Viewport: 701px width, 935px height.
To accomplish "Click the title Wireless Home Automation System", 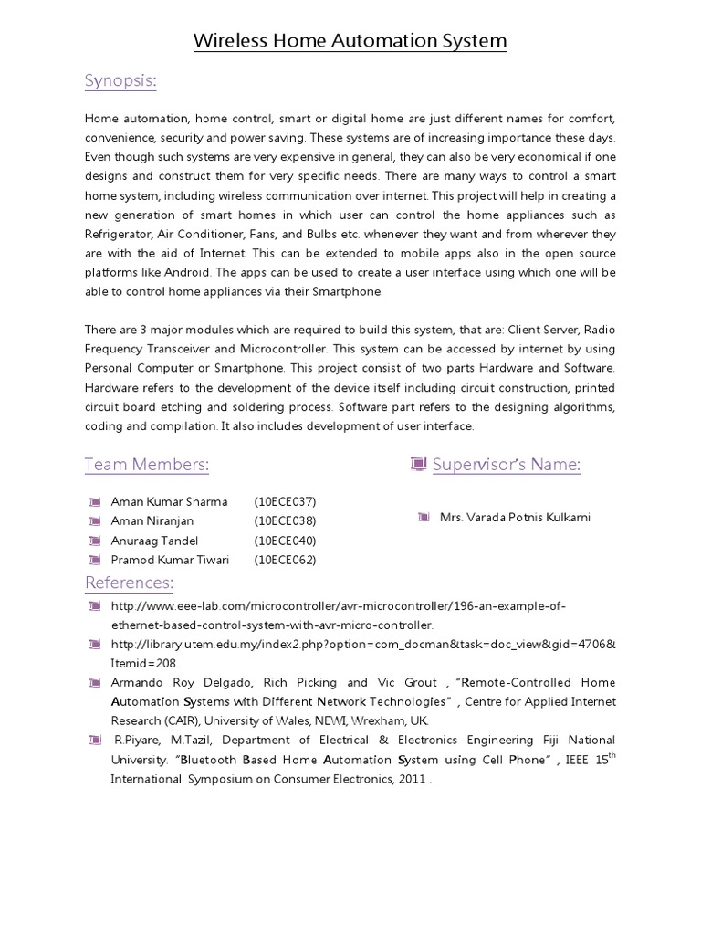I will [350, 41].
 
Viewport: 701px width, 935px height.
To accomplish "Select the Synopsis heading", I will [120, 82].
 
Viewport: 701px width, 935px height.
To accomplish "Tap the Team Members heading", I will [147, 465].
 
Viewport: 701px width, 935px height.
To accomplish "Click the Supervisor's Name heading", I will [507, 465].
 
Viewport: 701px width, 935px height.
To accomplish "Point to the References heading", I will [129, 583].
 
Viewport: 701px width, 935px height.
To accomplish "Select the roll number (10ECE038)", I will [285, 520].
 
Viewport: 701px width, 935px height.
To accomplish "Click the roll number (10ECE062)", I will [285, 560].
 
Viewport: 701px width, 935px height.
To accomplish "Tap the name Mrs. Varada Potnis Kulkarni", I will [515, 517].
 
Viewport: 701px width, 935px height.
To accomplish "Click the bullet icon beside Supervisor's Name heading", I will [419, 465].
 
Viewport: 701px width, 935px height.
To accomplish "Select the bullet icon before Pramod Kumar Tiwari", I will [94, 560].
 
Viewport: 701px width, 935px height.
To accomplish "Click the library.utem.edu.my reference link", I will [362, 645].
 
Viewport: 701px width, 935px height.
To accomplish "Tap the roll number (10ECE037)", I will [285, 501].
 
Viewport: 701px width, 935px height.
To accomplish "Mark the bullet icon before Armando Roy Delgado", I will [94, 683].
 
